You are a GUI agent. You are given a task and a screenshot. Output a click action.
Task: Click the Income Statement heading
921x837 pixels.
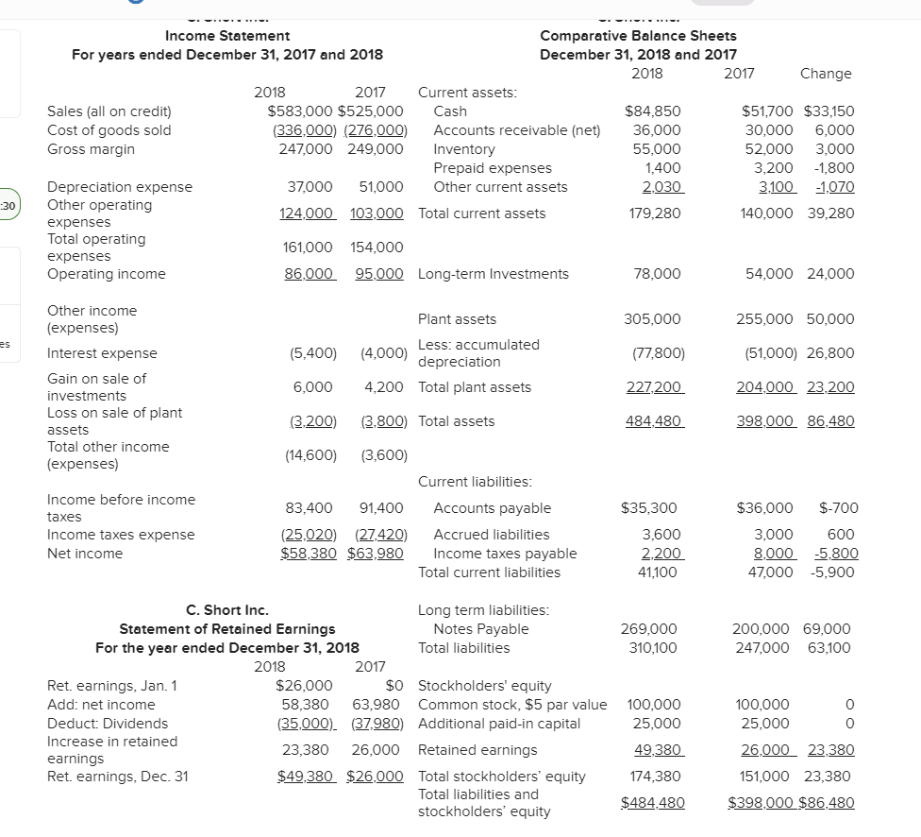pos(227,36)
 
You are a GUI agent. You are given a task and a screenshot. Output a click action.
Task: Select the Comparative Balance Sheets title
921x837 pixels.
pos(638,36)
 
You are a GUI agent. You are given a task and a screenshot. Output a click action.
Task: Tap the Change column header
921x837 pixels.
pos(825,74)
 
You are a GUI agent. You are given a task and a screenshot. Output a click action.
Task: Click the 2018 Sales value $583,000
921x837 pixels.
pos(301,111)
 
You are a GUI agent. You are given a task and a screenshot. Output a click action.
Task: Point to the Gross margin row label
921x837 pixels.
pos(91,149)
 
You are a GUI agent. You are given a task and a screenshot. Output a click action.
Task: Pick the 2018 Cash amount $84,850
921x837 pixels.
pos(653,111)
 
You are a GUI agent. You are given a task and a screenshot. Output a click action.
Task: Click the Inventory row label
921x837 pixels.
pos(463,149)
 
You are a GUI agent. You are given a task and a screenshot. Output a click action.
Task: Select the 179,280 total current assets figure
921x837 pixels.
pos(655,214)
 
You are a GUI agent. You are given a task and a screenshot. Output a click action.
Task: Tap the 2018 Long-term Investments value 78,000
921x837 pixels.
pos(658,274)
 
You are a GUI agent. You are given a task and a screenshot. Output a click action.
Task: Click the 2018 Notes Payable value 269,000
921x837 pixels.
pos(648,629)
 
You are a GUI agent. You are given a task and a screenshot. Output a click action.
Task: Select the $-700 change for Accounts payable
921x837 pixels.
pos(838,508)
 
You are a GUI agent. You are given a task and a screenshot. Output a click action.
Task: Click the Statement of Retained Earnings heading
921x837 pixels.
pos(227,629)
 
